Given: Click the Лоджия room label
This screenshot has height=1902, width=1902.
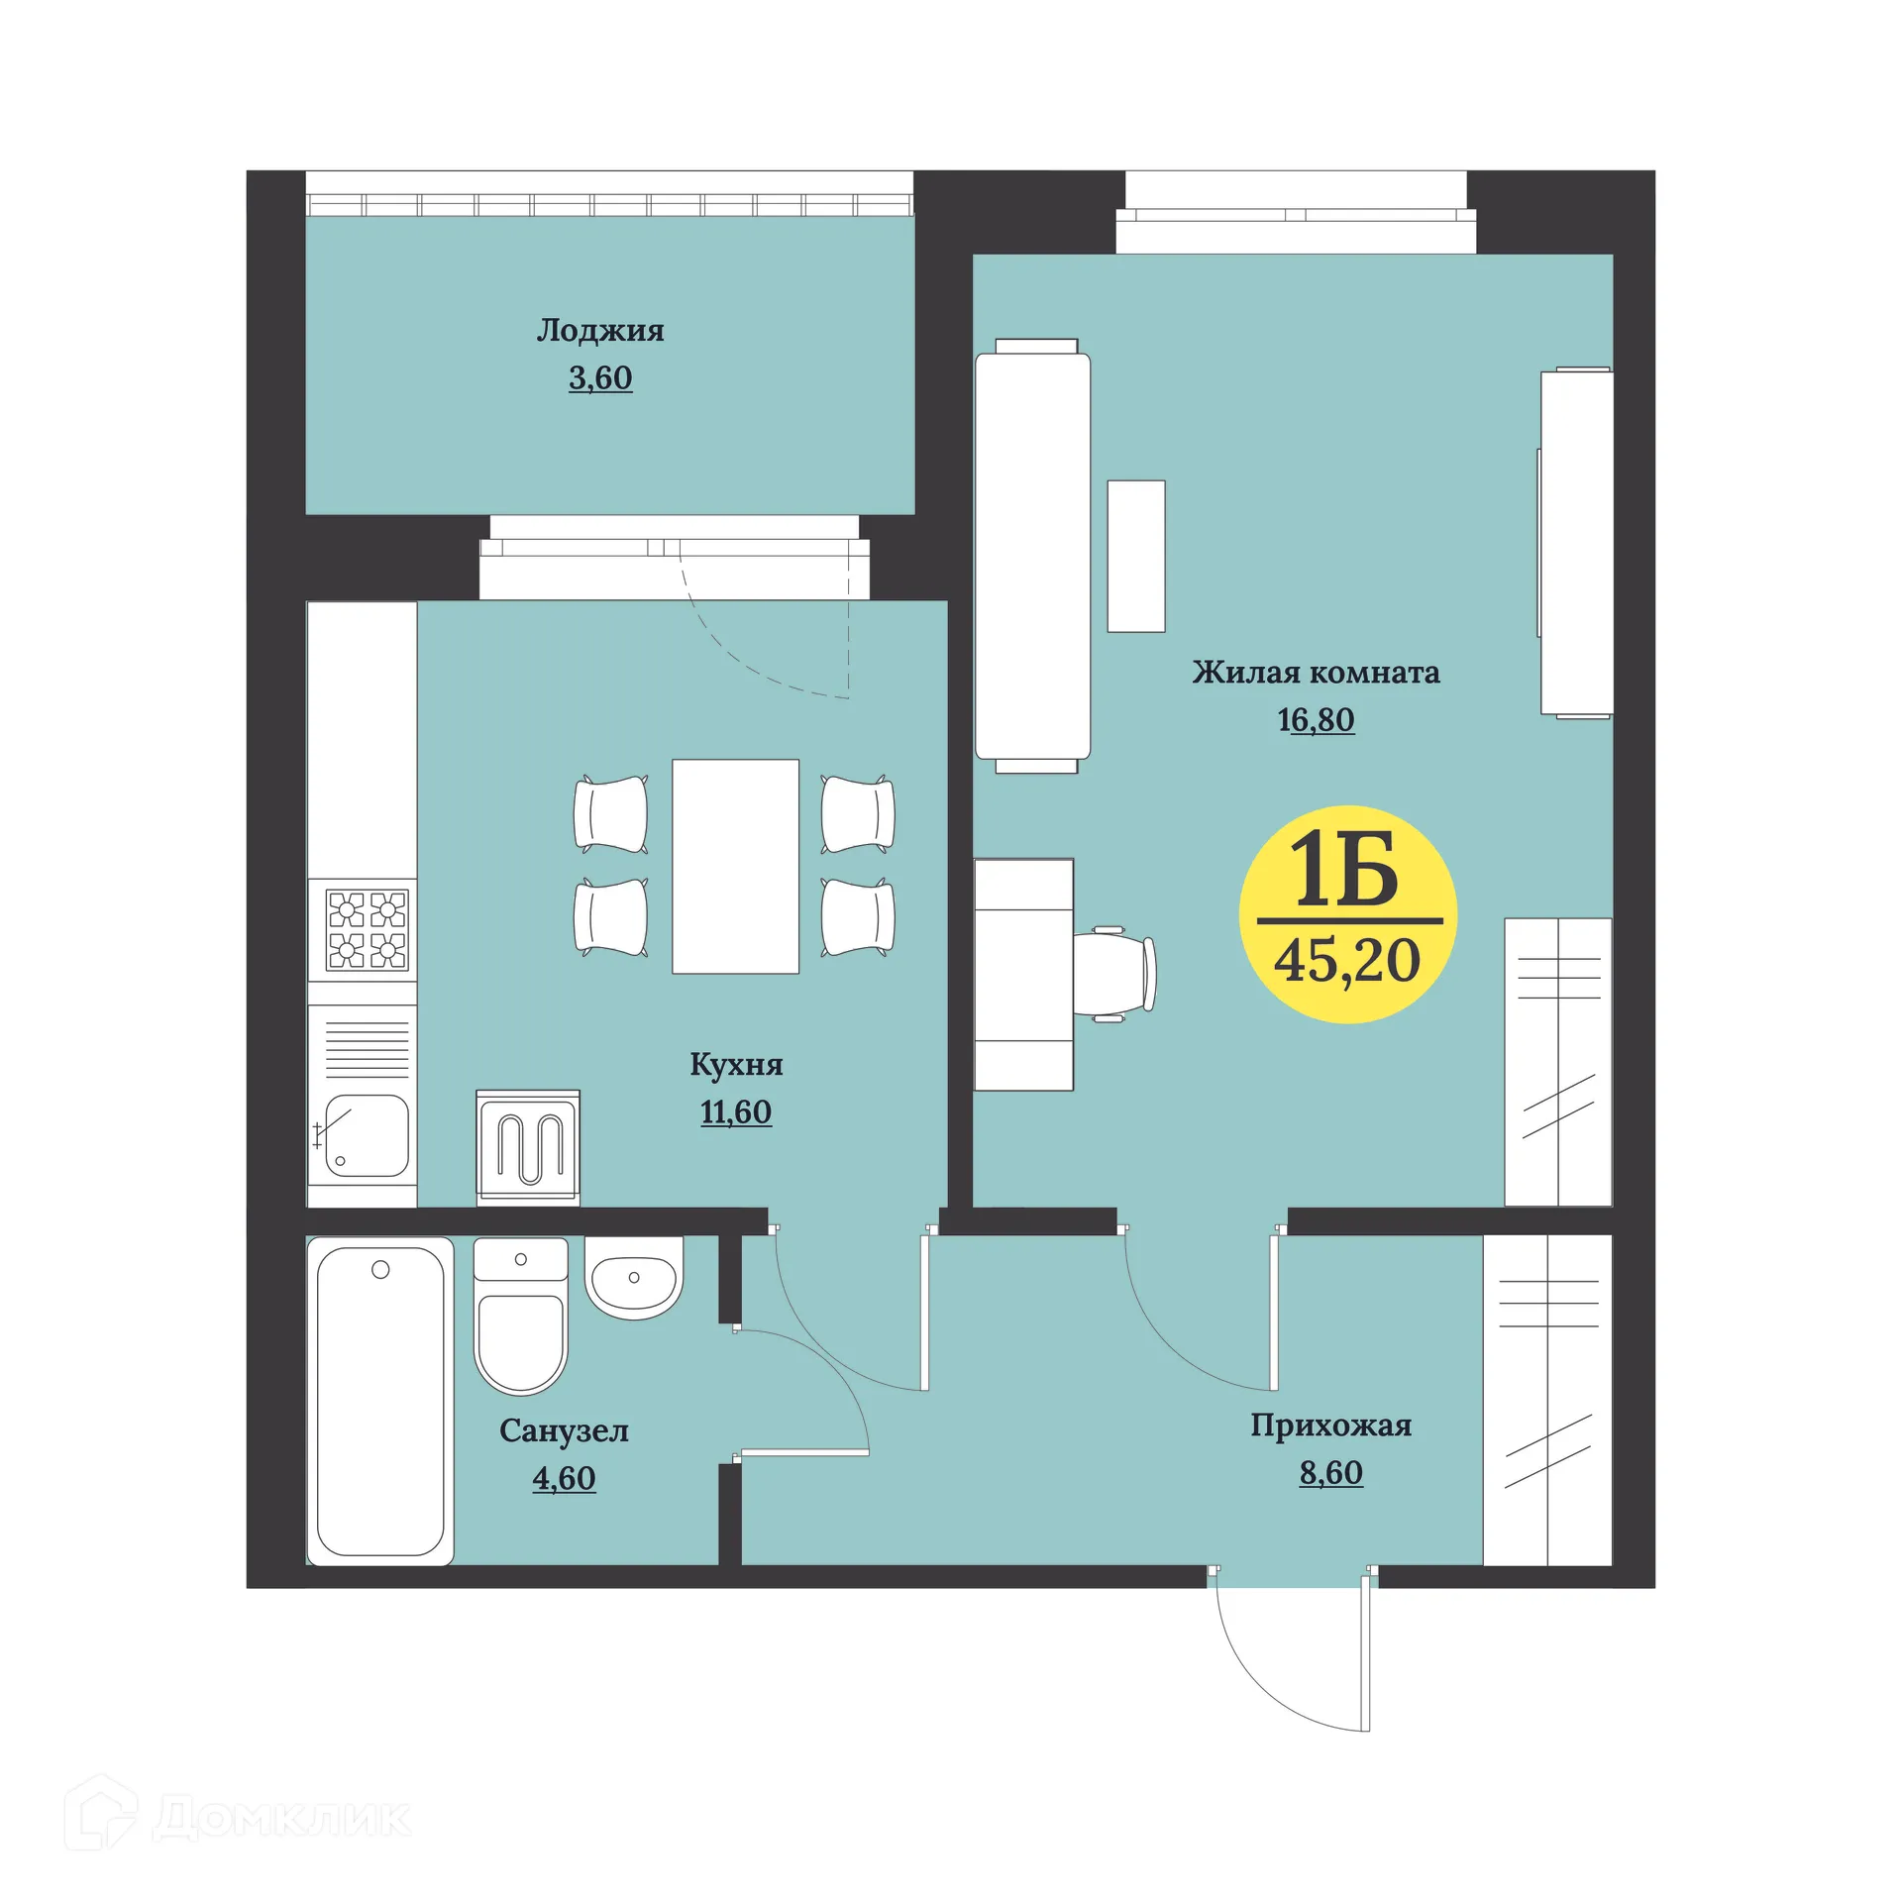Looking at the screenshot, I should pyautogui.click(x=600, y=330).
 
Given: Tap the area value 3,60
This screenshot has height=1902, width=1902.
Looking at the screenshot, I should pyautogui.click(x=600, y=378).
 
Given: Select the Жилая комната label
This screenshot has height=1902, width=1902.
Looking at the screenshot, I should pyautogui.click(x=1316, y=673).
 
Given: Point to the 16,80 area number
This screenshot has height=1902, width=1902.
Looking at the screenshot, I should pyautogui.click(x=1316, y=720).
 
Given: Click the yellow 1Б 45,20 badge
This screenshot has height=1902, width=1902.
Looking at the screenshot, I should pyautogui.click(x=1347, y=913).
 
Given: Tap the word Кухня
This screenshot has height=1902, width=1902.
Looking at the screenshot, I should pyautogui.click(x=736, y=1065).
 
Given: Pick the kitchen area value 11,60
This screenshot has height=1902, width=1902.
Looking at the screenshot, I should pyautogui.click(x=736, y=1112).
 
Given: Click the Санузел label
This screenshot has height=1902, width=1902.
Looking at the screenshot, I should pyautogui.click(x=564, y=1430).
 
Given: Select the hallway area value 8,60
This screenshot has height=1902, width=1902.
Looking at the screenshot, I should pyautogui.click(x=1330, y=1473).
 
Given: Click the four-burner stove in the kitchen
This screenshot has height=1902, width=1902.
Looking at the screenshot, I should pyautogui.click(x=367, y=928).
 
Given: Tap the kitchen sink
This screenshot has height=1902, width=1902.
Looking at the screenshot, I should pyautogui.click(x=367, y=1135).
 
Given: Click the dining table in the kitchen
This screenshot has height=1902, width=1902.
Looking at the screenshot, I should pyautogui.click(x=735, y=866).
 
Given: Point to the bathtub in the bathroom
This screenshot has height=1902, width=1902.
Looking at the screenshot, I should pyautogui.click(x=380, y=1400).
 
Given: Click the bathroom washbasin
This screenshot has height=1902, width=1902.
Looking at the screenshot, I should pyautogui.click(x=634, y=1277).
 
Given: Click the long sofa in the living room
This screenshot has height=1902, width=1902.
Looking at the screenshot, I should pyautogui.click(x=1033, y=556).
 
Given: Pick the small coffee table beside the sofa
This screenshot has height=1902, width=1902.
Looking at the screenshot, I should pyautogui.click(x=1136, y=556).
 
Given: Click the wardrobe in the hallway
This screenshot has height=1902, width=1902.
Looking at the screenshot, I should pyautogui.click(x=1547, y=1399).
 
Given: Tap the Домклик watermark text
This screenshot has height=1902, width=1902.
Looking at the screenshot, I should pyautogui.click(x=282, y=1818).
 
